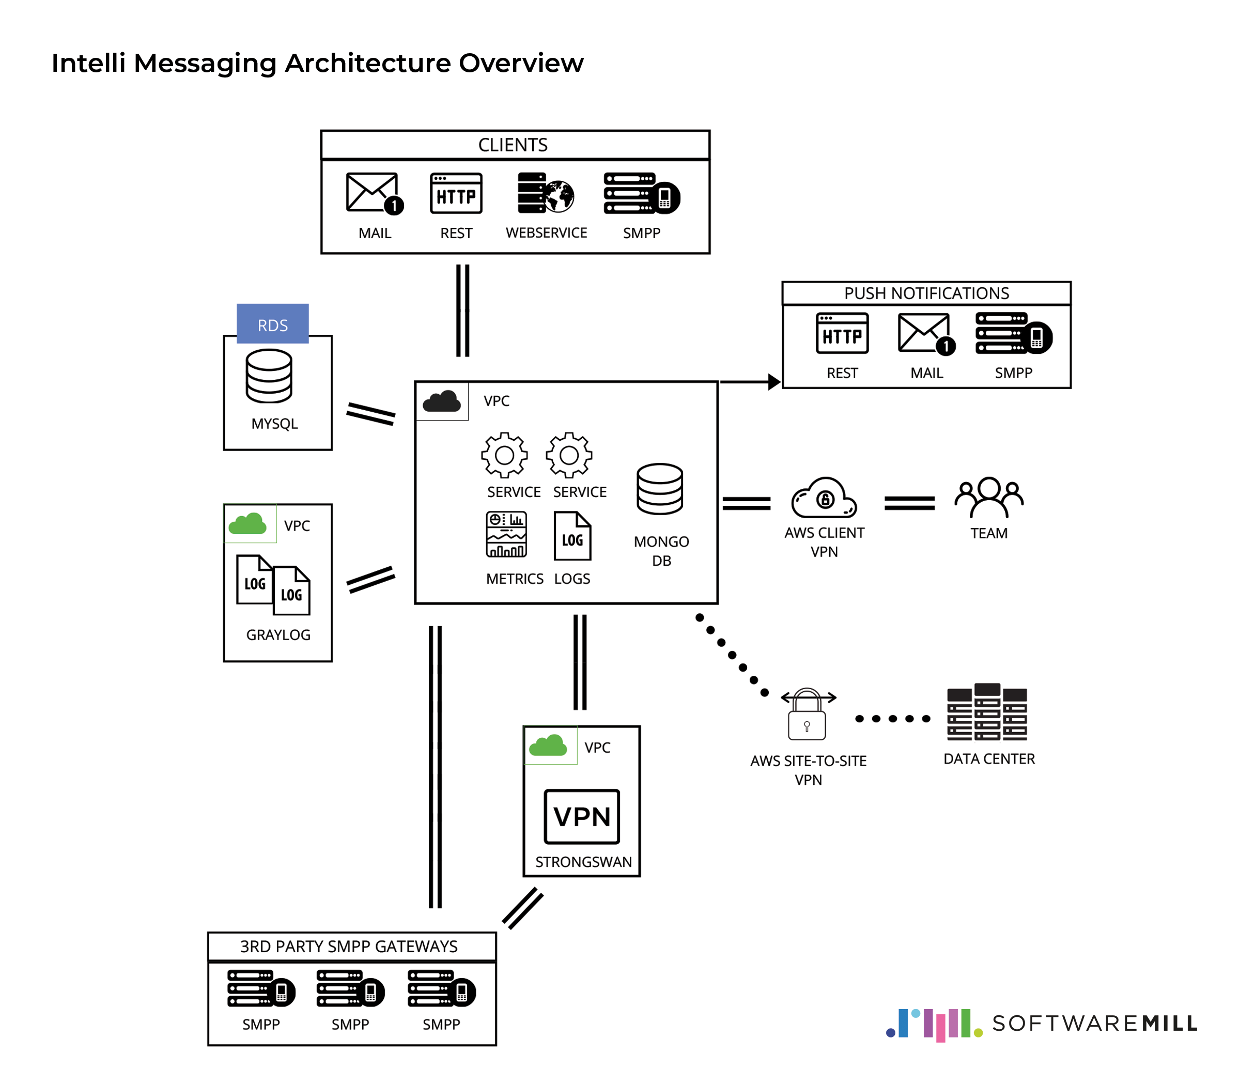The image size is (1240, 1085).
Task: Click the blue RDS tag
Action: (x=272, y=324)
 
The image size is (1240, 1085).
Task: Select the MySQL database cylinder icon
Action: (x=269, y=376)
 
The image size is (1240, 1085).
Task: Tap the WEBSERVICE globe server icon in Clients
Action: (x=545, y=193)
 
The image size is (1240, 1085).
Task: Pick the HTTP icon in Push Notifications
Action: (x=842, y=334)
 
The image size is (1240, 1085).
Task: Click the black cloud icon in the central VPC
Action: (x=441, y=401)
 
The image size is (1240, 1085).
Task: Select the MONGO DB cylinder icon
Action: (x=659, y=489)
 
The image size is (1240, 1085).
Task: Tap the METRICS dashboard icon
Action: (x=506, y=535)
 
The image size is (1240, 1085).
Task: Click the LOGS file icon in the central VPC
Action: (x=572, y=536)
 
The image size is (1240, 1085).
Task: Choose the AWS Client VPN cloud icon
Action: (x=824, y=498)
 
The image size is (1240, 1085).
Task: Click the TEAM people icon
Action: (x=989, y=498)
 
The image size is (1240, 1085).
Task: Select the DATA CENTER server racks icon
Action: (x=987, y=712)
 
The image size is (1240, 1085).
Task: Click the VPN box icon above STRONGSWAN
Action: (x=581, y=816)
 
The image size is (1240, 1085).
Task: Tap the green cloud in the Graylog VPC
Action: (x=247, y=524)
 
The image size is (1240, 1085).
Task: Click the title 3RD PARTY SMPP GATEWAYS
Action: (x=349, y=947)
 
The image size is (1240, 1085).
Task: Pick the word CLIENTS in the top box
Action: (x=513, y=145)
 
